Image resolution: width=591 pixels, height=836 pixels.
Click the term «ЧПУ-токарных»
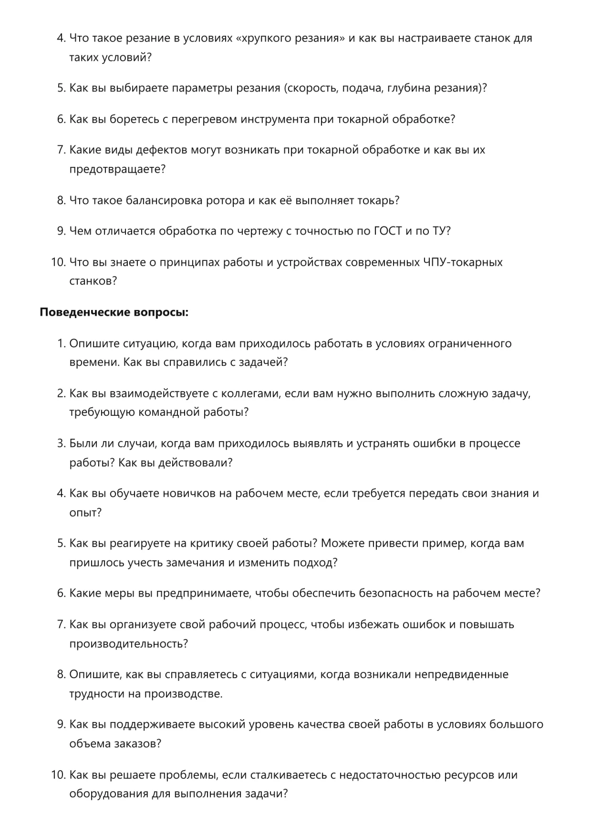pyautogui.click(x=463, y=262)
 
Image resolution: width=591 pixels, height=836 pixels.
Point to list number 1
pyautogui.click(x=61, y=344)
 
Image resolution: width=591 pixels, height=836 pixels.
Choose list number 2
pyautogui.click(x=61, y=394)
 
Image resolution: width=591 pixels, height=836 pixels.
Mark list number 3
pyautogui.click(x=61, y=444)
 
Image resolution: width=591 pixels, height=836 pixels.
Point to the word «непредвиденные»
pyautogui.click(x=461, y=675)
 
